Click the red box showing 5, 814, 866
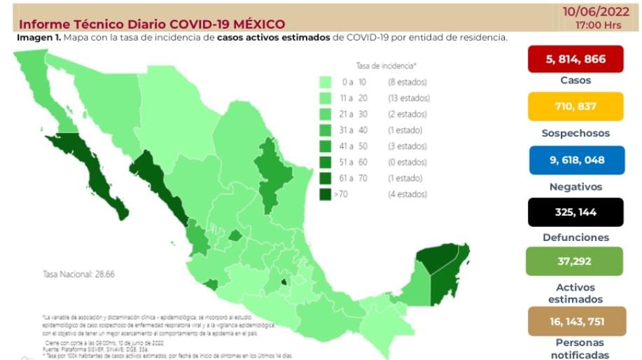click(x=575, y=60)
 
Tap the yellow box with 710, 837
click(x=575, y=106)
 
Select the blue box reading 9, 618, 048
click(x=575, y=160)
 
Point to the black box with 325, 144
click(x=575, y=212)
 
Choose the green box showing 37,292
click(x=575, y=261)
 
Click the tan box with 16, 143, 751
click(x=575, y=321)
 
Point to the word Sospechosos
click(x=575, y=133)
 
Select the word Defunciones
click(x=575, y=237)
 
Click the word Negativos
click(x=575, y=187)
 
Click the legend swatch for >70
click(x=326, y=194)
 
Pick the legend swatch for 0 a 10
click(x=326, y=82)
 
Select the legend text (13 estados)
click(x=409, y=98)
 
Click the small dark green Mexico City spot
click(x=284, y=283)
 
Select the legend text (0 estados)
click(x=407, y=162)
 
